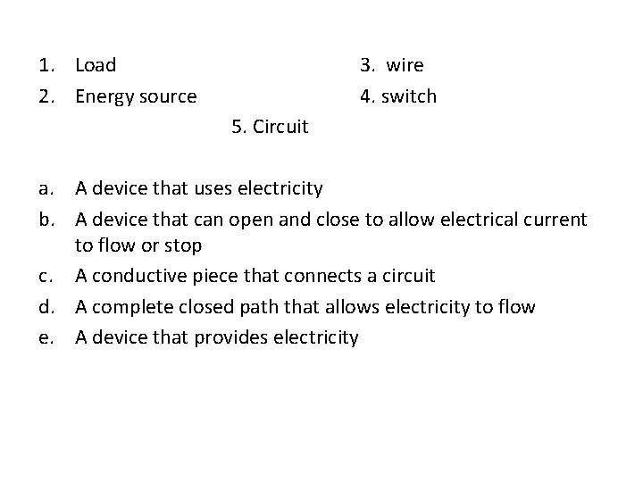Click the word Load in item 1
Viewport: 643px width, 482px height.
[96, 65]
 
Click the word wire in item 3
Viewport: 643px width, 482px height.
[405, 65]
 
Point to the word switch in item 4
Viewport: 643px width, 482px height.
[409, 96]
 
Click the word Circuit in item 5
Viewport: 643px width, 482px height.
[280, 128]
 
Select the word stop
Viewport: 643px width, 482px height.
[183, 245]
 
